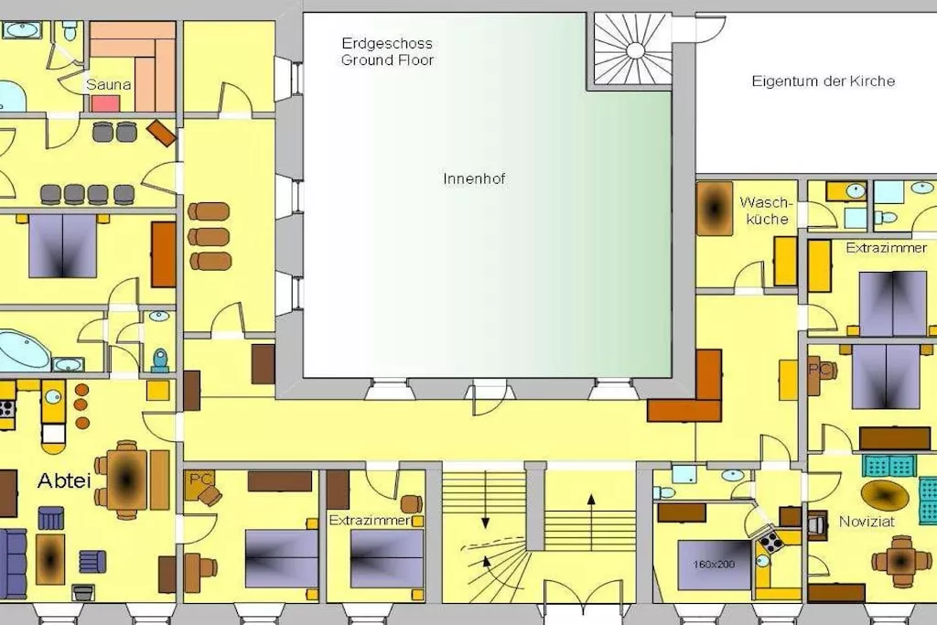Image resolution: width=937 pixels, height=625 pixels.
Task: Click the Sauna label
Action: [108, 84]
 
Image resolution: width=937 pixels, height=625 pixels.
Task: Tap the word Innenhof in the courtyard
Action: [475, 178]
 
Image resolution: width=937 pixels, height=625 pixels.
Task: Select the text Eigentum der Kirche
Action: [823, 81]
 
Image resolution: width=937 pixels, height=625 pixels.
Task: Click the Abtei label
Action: [64, 480]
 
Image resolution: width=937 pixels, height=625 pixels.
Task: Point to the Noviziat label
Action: [867, 522]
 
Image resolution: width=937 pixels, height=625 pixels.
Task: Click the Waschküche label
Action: [767, 210]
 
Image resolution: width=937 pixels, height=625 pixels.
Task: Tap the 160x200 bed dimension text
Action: [714, 564]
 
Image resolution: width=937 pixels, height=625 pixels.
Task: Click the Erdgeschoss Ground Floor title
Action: [387, 51]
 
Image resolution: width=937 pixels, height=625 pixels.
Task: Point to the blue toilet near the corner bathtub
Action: [160, 361]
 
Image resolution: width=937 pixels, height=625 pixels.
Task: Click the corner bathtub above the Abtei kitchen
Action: [24, 350]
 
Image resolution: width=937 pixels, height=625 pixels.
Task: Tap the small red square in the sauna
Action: [106, 104]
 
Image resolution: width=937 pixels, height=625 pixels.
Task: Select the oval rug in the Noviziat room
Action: [885, 495]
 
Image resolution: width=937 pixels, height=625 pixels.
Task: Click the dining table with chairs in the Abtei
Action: [126, 480]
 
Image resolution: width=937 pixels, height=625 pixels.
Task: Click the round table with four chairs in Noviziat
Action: [901, 561]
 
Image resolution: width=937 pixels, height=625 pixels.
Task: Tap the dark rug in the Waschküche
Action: [714, 210]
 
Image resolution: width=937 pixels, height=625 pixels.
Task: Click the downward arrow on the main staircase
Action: [485, 501]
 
